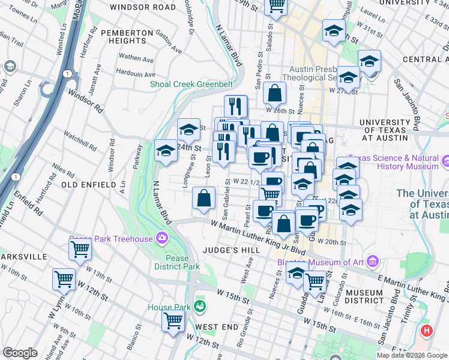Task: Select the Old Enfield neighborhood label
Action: [88, 185]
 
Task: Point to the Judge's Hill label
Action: [231, 250]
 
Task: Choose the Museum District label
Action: [364, 297]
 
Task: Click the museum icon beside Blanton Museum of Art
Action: [373, 262]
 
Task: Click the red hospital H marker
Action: [426, 330]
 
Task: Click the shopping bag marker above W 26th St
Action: [274, 93]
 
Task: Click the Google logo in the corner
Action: [20, 353]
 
